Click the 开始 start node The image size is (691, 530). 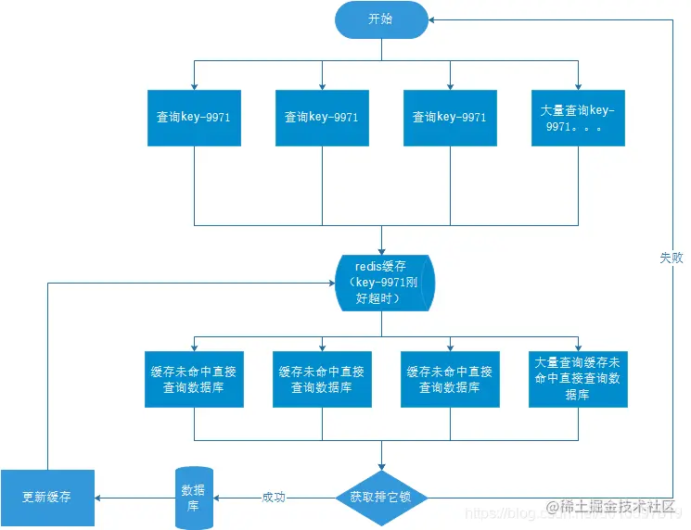click(x=381, y=19)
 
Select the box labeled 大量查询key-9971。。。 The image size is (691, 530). click(x=578, y=118)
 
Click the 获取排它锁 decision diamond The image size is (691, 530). click(x=381, y=497)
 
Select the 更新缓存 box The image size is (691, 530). click(x=47, y=497)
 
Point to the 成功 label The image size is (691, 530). click(x=274, y=498)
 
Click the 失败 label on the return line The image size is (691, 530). click(x=672, y=259)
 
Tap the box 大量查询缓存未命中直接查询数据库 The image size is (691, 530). click(x=578, y=378)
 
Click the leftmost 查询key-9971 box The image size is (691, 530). click(x=194, y=118)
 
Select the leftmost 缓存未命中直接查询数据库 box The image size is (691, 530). click(x=193, y=379)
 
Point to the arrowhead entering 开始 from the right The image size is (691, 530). click(x=433, y=19)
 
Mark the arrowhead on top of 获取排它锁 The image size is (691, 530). click(x=381, y=469)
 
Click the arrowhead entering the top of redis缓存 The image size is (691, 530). click(x=381, y=247)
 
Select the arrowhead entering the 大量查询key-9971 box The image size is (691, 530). click(x=578, y=85)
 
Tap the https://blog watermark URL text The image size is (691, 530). click(x=501, y=511)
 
